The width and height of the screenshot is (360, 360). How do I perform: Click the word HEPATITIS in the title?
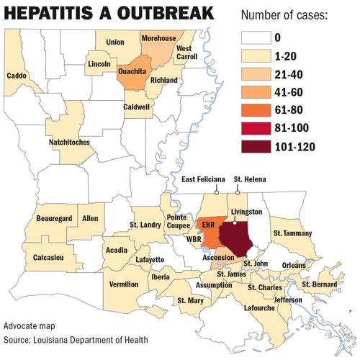pos(58,14)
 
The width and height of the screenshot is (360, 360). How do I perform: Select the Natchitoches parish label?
pos(69,143)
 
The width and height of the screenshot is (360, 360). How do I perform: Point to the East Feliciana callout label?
pos(203,180)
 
